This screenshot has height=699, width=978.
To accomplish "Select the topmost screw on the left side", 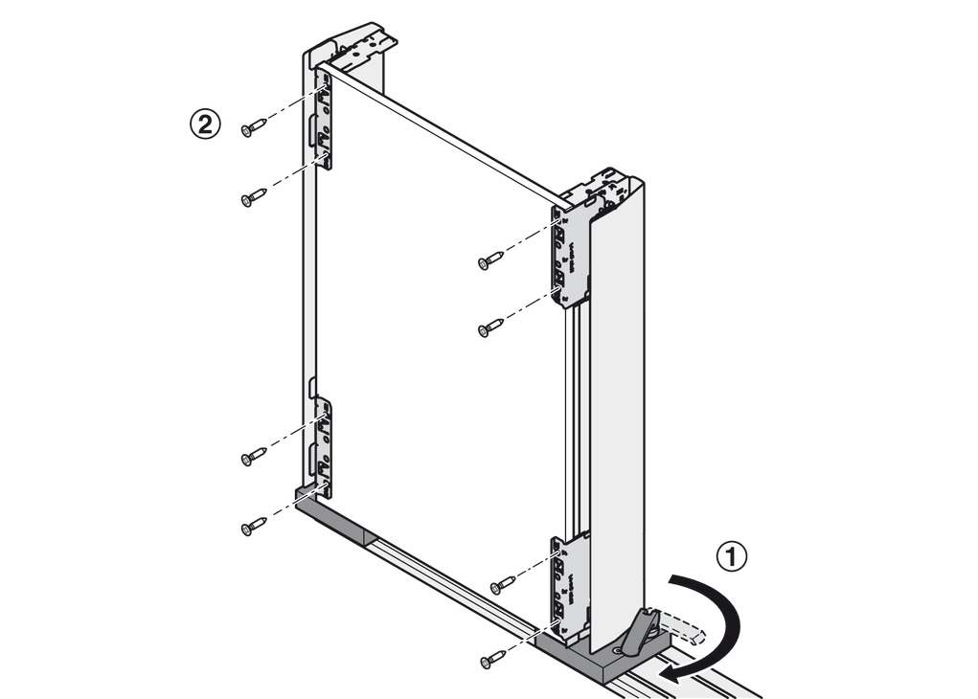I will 254,127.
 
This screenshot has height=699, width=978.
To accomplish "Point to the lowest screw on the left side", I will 254,526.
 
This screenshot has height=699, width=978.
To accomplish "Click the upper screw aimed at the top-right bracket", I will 490,259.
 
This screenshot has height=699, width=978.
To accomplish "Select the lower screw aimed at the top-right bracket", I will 490,328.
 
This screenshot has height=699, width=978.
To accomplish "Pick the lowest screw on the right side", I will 493,659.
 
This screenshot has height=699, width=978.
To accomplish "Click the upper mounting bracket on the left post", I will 324,120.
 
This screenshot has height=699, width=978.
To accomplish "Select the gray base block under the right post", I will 594,661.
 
